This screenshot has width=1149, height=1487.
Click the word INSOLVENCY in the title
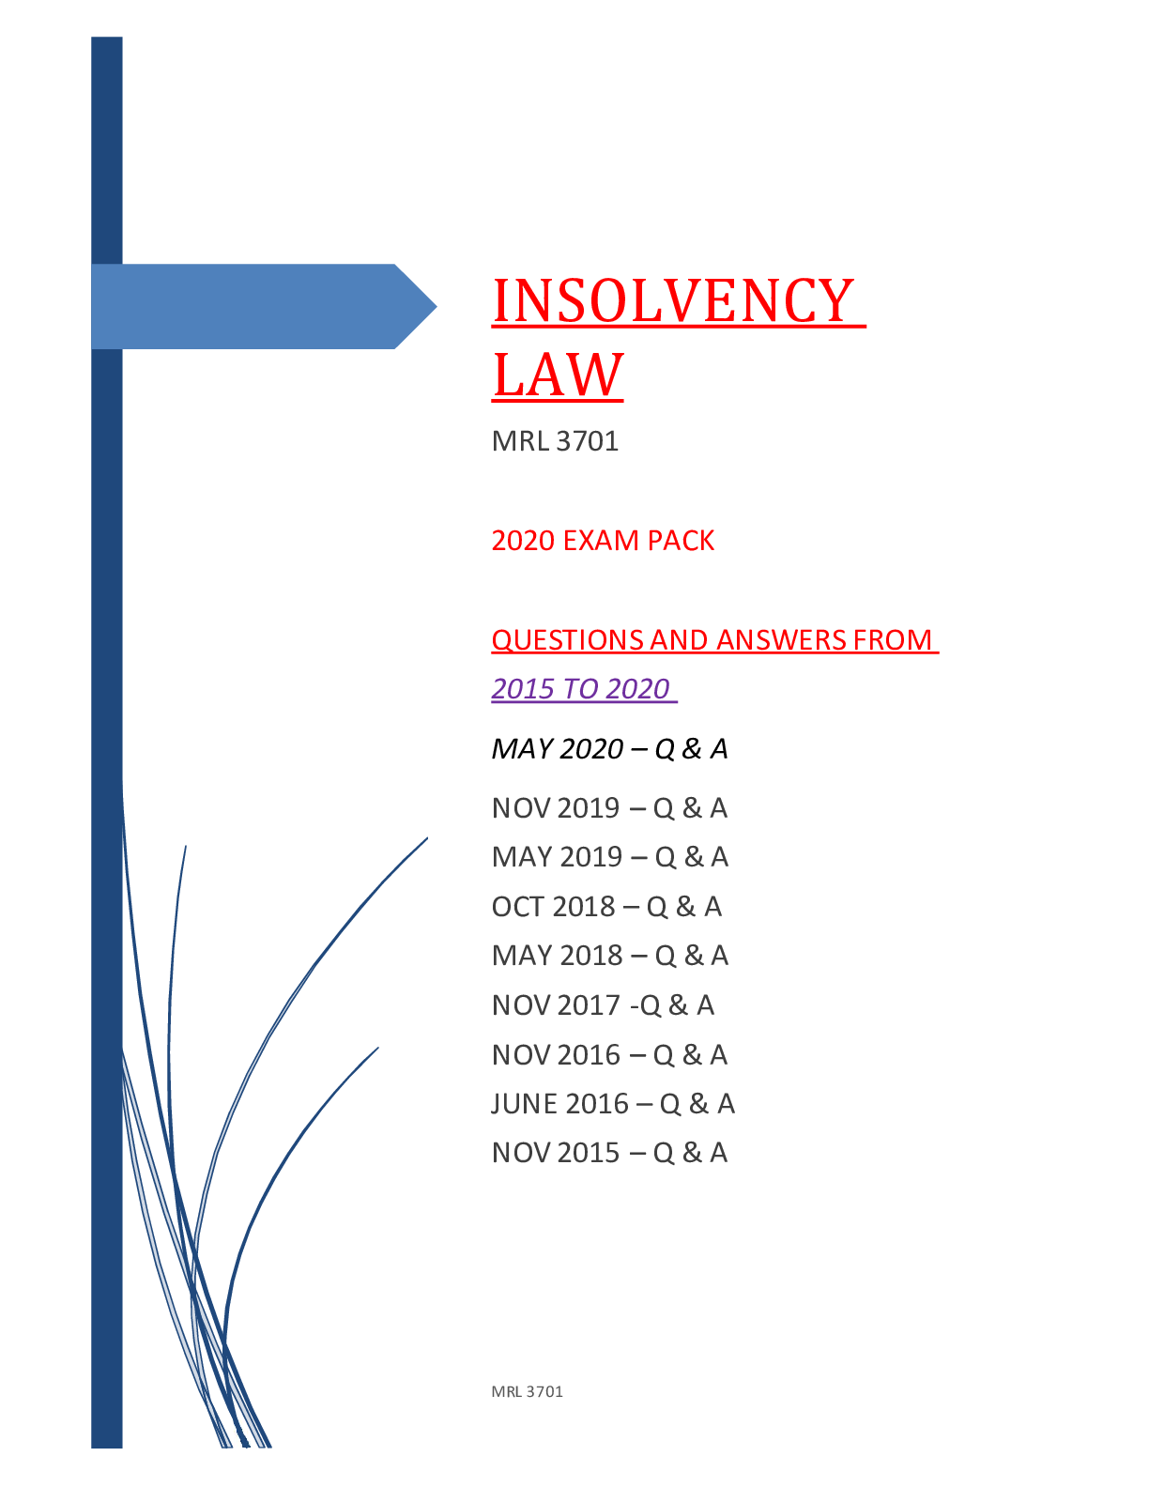pyautogui.click(x=673, y=300)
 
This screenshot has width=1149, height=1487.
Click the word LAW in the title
pyautogui.click(x=558, y=375)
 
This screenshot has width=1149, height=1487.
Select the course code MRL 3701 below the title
pyautogui.click(x=555, y=441)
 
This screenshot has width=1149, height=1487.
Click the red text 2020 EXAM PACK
pyautogui.click(x=603, y=541)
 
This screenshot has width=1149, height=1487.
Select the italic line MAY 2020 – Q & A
pyautogui.click(x=610, y=748)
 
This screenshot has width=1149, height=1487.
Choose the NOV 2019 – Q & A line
pyautogui.click(x=610, y=808)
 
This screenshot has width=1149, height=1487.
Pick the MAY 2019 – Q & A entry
pyautogui.click(x=610, y=857)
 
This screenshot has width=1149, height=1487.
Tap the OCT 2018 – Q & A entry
pyautogui.click(x=607, y=907)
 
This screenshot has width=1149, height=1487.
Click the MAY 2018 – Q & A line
pyautogui.click(x=610, y=956)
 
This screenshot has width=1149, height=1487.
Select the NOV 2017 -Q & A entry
pyautogui.click(x=603, y=1005)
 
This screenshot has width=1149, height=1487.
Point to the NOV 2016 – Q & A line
pyautogui.click(x=610, y=1054)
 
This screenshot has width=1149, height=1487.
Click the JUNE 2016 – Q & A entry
pyautogui.click(x=613, y=1104)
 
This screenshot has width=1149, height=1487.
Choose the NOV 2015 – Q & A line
pyautogui.click(x=610, y=1153)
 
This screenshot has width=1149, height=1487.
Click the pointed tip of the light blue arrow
pyautogui.click(x=436, y=307)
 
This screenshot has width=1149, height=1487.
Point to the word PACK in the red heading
pyautogui.click(x=681, y=541)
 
